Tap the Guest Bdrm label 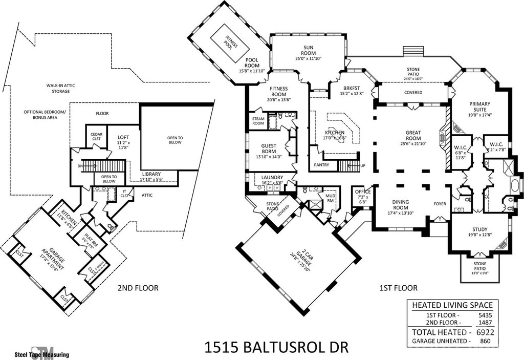pos(269,149)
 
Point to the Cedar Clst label pos(97,136)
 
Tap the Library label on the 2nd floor pos(151,174)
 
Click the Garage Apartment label pos(43,258)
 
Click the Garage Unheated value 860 pos(485,340)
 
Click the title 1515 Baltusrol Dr pos(276,348)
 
